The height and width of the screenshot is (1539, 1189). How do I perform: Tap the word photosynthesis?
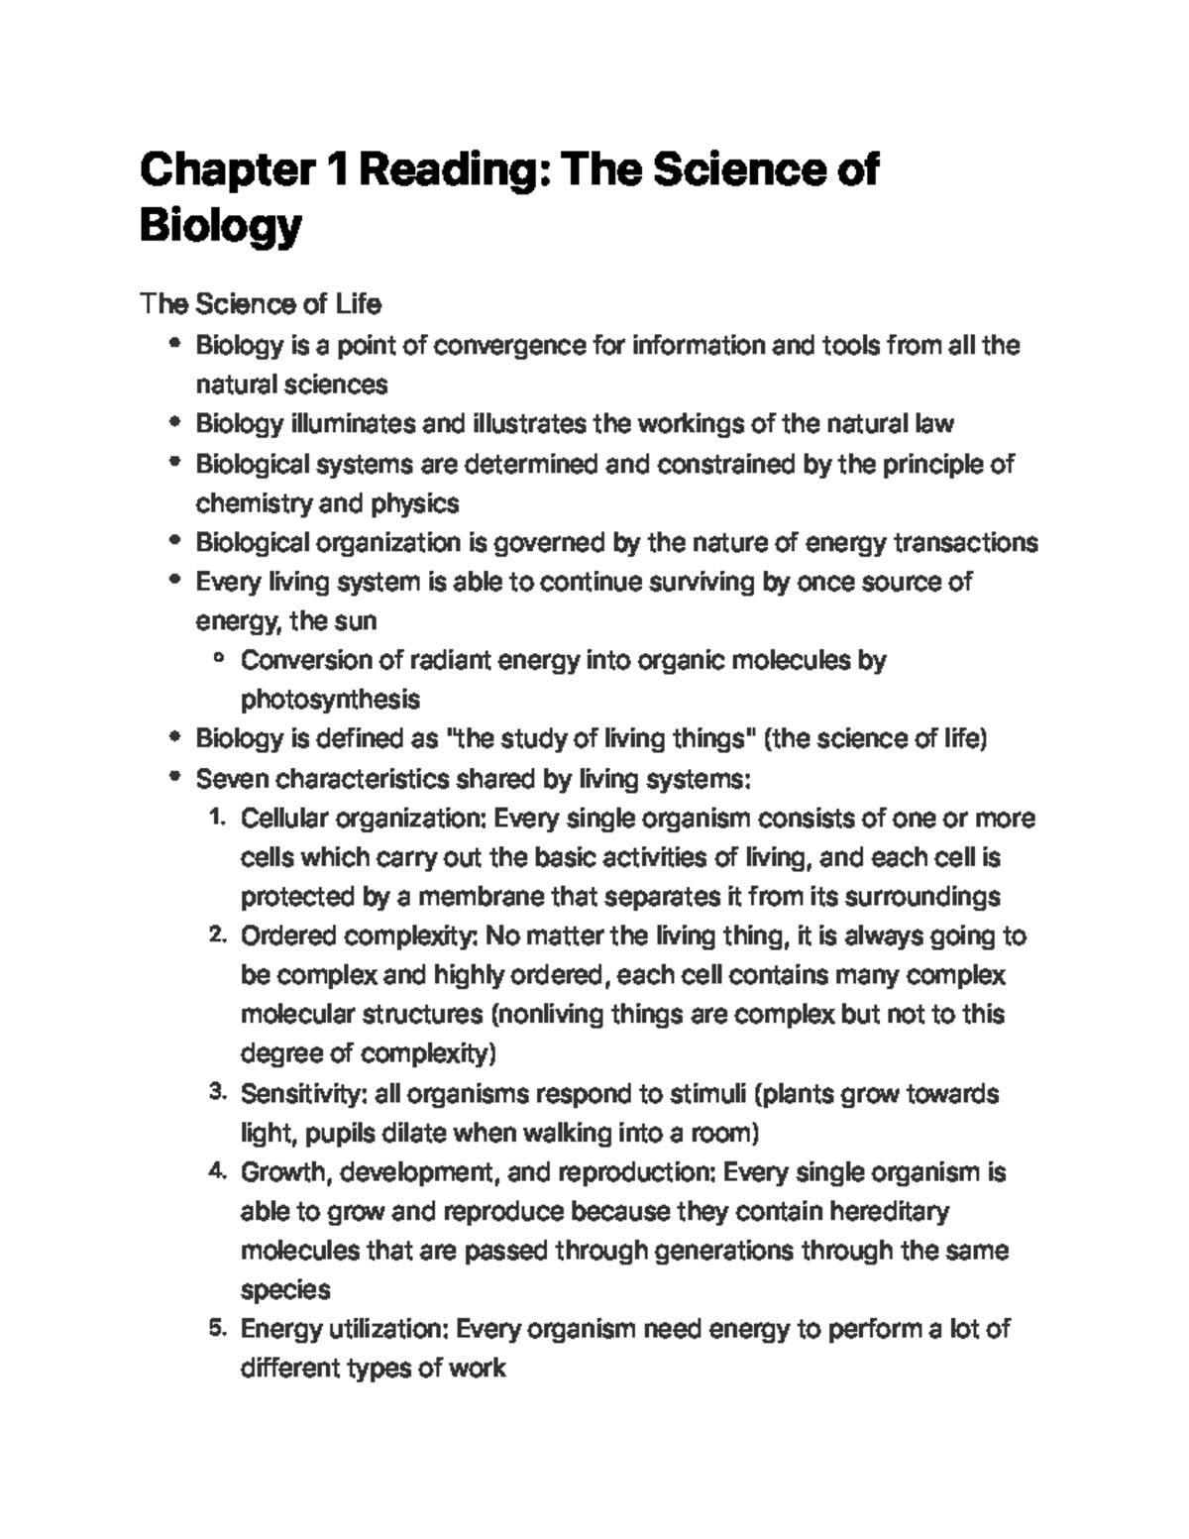[x=330, y=700]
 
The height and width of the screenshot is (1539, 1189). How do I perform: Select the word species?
[x=285, y=1290]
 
